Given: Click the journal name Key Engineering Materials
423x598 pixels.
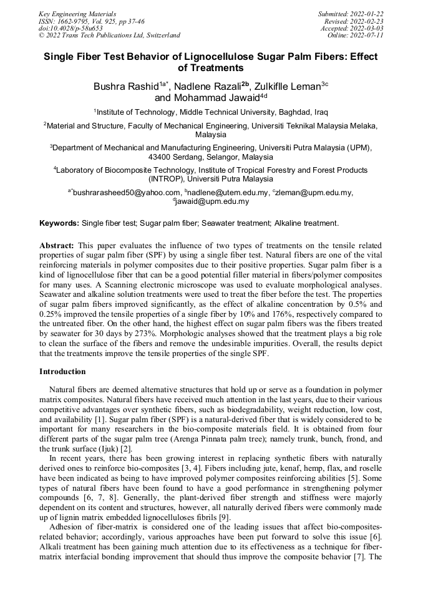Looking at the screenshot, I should coord(77,13).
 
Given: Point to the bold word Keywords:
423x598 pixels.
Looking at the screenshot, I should coord(59,223).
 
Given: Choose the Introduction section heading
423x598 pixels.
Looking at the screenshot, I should coord(62,372).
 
